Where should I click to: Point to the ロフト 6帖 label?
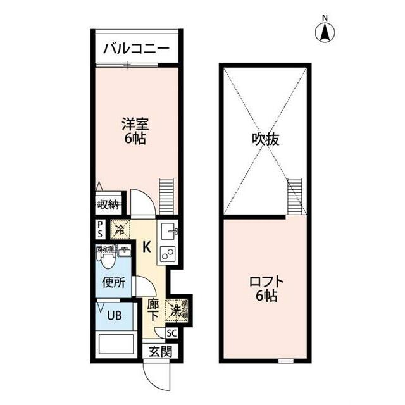[x=265, y=288]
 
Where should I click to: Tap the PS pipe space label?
[x=100, y=228]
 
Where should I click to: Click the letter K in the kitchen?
[x=146, y=247]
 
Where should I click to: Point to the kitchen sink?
[x=168, y=231]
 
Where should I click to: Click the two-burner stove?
[x=168, y=254]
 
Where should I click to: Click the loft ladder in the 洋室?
[x=167, y=196]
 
